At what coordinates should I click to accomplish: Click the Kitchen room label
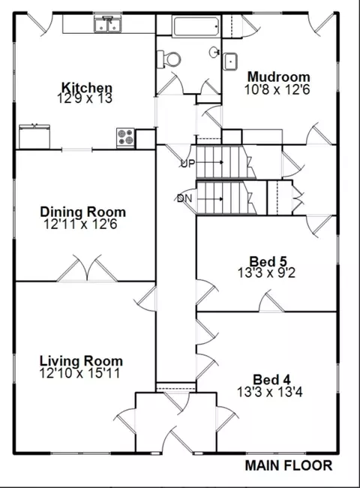click(x=86, y=87)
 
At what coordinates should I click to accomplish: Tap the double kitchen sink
click(x=108, y=24)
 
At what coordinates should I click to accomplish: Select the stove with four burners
click(x=125, y=137)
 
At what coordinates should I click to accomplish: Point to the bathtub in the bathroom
click(x=196, y=27)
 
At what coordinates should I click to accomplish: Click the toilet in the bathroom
click(x=169, y=59)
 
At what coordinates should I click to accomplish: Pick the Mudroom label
click(x=278, y=77)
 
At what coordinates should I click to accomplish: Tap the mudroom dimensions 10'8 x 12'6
click(x=277, y=90)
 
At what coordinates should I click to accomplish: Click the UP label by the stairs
click(x=187, y=164)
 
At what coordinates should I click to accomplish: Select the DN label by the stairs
click(x=184, y=198)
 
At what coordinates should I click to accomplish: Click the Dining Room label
click(x=83, y=212)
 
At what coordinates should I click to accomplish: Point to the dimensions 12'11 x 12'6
click(x=80, y=224)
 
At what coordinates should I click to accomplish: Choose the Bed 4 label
click(x=271, y=380)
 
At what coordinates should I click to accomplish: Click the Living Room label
click(x=82, y=361)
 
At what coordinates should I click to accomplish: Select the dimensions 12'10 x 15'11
click(x=79, y=373)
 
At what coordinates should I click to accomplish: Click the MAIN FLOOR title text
click(x=289, y=465)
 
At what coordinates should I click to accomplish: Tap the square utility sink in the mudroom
click(x=230, y=62)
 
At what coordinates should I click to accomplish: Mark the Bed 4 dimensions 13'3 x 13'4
click(x=269, y=392)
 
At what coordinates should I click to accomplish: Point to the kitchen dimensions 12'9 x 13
click(x=85, y=98)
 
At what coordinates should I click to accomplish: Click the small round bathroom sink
click(x=214, y=53)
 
